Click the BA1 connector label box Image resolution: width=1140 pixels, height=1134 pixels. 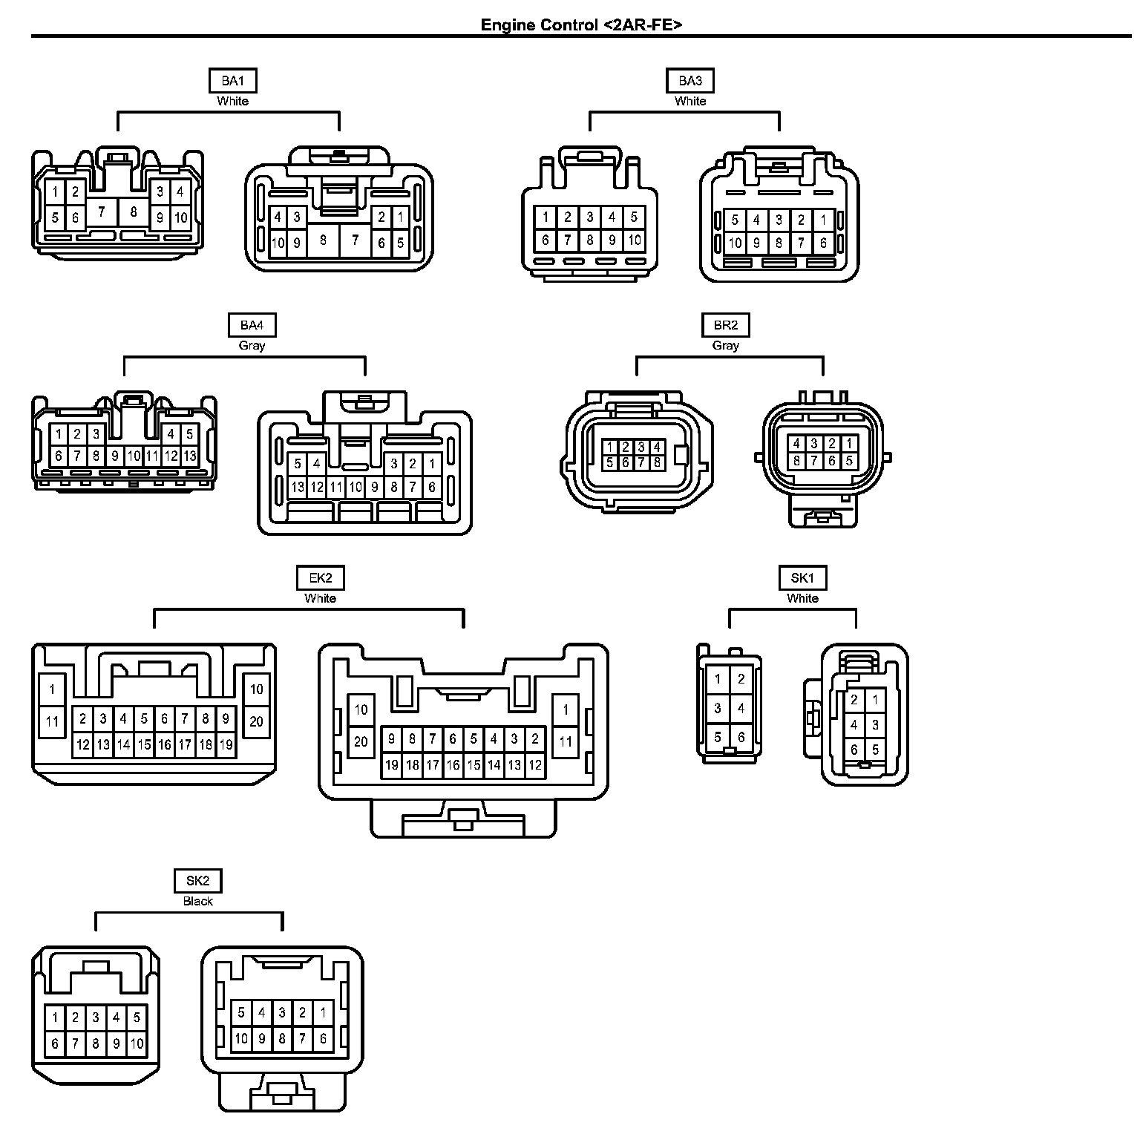232,81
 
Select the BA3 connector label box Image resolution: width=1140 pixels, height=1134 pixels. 690,81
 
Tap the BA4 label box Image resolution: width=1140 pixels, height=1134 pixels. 252,325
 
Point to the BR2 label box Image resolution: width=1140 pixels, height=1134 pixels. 725,325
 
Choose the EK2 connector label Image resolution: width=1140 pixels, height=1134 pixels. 321,578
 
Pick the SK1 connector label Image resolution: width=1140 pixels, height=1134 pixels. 802,578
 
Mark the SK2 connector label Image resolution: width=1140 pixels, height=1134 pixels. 197,881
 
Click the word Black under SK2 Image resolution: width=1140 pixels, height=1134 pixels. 197,901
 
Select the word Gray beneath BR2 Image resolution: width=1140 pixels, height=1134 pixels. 725,345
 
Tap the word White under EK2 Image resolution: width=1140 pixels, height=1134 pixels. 321,598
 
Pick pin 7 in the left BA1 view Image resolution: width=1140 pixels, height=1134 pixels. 102,212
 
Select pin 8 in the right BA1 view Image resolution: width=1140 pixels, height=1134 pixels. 323,240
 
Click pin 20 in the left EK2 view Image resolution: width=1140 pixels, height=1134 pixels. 256,721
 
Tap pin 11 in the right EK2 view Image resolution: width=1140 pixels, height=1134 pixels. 566,741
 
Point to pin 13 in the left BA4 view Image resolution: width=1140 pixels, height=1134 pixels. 189,456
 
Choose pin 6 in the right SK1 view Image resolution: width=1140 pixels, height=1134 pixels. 854,750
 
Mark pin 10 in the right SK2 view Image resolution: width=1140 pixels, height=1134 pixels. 241,1038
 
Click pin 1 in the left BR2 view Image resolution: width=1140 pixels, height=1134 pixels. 609,447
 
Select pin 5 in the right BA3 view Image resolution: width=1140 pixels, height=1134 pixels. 735,220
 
